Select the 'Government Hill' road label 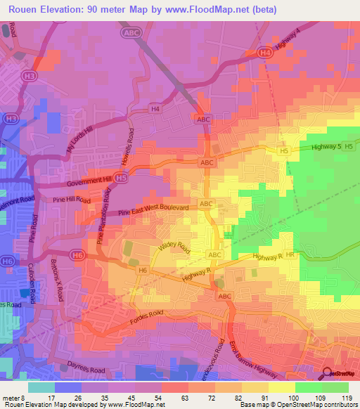(x=89, y=182)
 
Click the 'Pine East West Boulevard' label (x=153, y=209)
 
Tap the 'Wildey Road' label (x=174, y=247)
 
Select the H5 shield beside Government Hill (x=122, y=179)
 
